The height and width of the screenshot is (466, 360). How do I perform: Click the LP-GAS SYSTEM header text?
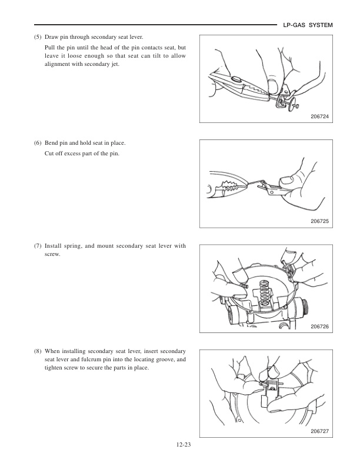tap(308, 25)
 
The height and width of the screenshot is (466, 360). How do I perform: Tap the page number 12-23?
tap(183, 445)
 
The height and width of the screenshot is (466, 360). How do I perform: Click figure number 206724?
tap(320, 116)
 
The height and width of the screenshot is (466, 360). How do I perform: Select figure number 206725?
tap(320, 221)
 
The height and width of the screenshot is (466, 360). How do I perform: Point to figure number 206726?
tap(320, 327)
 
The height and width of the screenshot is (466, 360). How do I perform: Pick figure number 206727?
tap(320, 431)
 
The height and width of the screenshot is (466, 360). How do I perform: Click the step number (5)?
tap(38, 37)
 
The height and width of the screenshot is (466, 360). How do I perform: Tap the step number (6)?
tap(38, 143)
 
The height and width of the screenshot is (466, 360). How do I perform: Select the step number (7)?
tap(38, 246)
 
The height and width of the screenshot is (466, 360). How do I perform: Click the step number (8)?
tap(38, 351)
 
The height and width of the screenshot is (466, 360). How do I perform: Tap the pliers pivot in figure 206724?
tap(236, 79)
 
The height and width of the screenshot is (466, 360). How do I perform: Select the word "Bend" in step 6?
tap(51, 143)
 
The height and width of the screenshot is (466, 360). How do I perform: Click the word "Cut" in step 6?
tap(49, 154)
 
